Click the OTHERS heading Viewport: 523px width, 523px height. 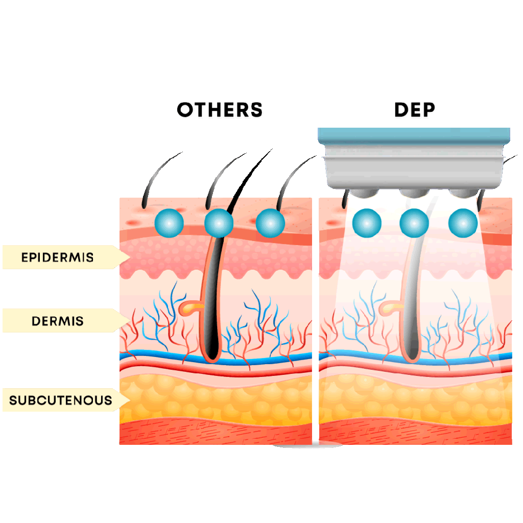pos(220,110)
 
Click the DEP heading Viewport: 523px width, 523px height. pos(414,110)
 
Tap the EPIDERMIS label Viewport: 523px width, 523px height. pos(57,257)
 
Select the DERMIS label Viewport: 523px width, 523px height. pos(57,321)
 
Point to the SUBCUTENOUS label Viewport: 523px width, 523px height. pos(60,400)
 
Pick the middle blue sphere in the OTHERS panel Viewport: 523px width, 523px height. pos(219,223)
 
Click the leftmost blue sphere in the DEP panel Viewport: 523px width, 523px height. pos(367,223)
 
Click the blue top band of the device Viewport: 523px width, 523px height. pos(414,135)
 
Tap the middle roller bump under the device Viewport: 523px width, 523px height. pos(414,192)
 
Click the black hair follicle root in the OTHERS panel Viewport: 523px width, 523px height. pos(211,327)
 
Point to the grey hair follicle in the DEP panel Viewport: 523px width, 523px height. pos(409,317)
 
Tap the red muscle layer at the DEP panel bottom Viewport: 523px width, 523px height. pos(414,434)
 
